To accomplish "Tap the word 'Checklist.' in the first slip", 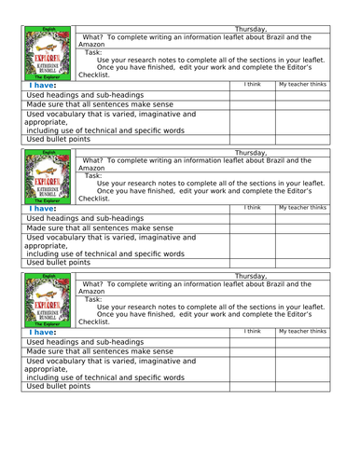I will pos(94,75).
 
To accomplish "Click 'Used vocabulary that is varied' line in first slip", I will pos(111,114).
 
